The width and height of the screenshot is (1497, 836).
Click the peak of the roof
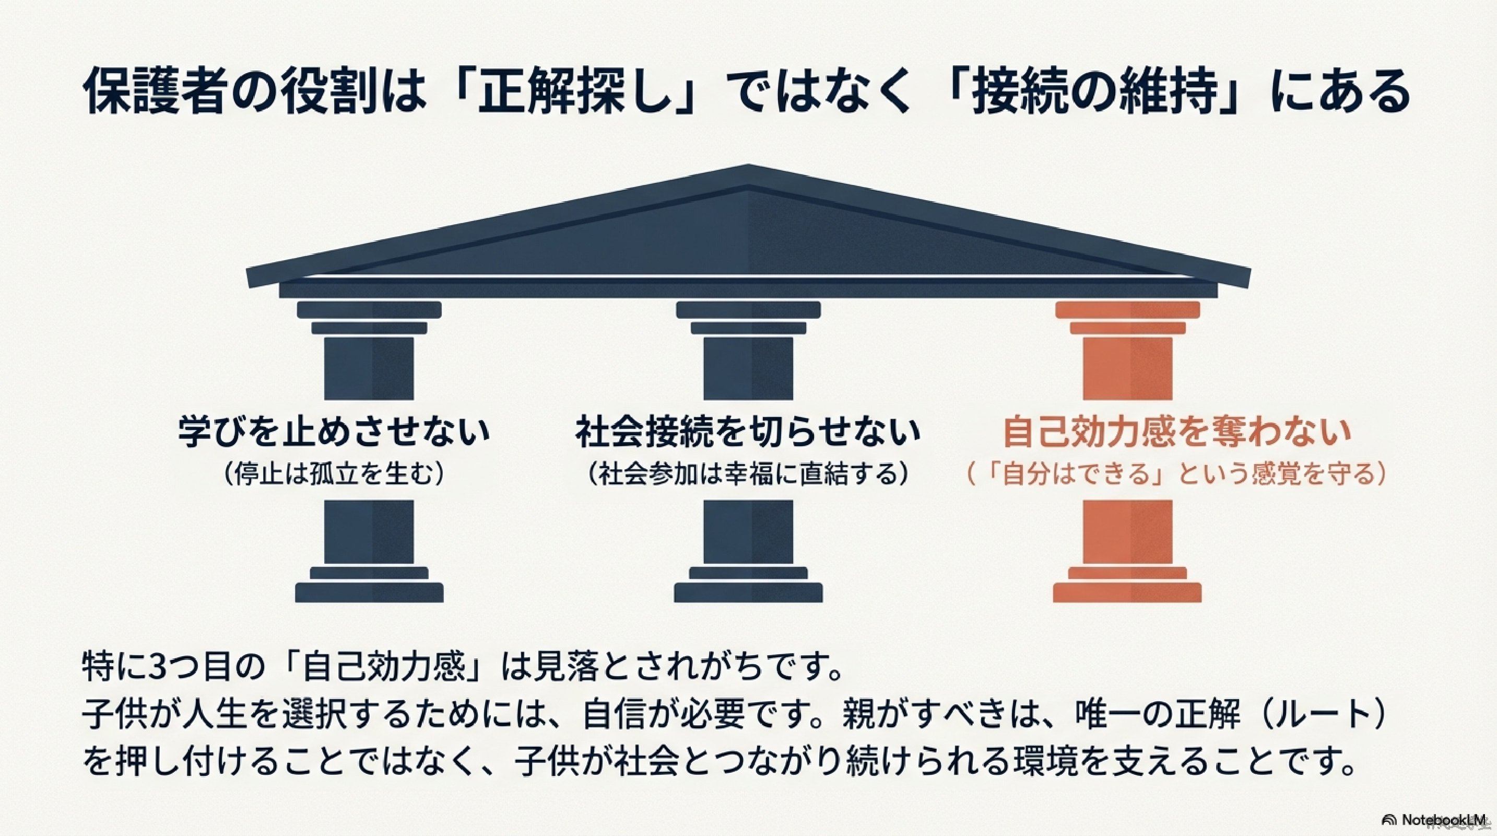click(x=749, y=166)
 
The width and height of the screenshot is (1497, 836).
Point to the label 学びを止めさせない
click(x=334, y=432)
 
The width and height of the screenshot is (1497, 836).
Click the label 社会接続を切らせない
click(x=749, y=432)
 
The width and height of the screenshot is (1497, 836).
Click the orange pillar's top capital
click(x=1127, y=318)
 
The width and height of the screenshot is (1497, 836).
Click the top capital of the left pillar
click(x=369, y=318)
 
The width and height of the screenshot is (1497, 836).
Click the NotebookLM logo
click(x=1439, y=820)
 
